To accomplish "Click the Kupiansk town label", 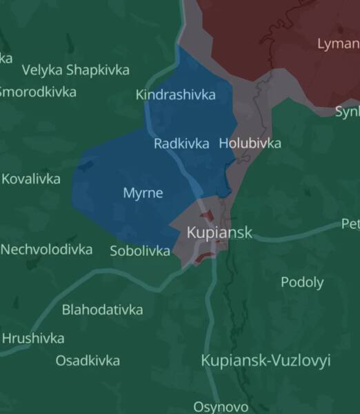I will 219,233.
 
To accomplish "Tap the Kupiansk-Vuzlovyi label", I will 266,360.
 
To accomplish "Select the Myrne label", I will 143,193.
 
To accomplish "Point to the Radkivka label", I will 181,144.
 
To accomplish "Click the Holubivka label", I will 250,144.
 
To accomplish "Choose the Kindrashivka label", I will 176,95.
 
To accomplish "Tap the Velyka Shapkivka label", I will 75,70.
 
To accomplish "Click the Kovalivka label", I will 31,179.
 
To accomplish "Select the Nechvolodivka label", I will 46,249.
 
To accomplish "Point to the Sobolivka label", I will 140,251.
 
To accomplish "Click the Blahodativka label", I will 102,310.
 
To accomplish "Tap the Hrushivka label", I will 33,338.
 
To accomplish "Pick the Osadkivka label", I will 88,360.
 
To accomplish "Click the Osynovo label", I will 221,406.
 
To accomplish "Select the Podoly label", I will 302,282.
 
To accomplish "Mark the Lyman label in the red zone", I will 338,43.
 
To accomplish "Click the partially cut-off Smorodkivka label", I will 38,91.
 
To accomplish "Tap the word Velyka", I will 42,70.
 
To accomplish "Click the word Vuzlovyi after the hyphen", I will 302,360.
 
